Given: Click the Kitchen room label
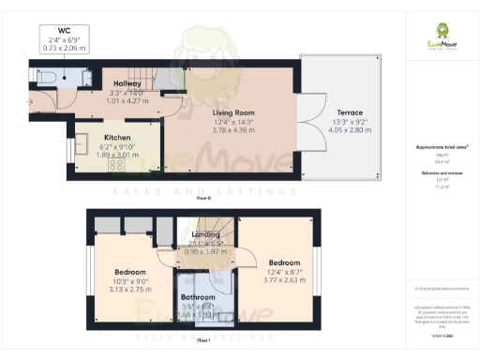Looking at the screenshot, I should (x=116, y=136).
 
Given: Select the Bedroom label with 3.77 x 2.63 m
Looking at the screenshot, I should (x=283, y=262).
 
